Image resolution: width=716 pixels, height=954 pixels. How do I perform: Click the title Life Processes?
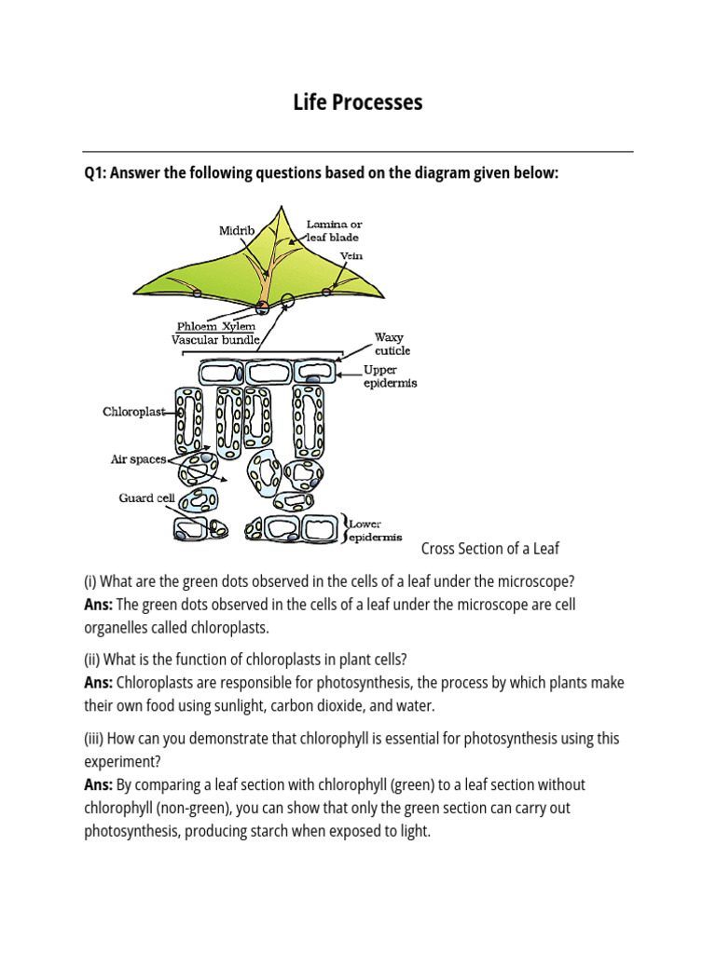point(358,102)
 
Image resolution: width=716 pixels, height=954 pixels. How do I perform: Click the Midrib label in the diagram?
point(237,230)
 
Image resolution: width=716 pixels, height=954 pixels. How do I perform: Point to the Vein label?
point(351,255)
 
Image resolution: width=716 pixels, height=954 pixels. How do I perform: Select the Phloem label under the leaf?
point(198,327)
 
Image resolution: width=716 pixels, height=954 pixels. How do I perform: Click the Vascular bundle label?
point(214,340)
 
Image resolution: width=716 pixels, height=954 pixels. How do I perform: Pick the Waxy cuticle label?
point(392,344)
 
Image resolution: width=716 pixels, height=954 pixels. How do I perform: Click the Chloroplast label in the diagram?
point(132,411)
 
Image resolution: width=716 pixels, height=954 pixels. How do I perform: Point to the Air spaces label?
point(138,459)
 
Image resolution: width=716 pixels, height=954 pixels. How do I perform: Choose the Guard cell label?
point(146,497)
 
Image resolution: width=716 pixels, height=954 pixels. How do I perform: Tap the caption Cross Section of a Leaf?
point(490,548)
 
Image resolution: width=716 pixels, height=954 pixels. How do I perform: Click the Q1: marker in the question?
point(95,174)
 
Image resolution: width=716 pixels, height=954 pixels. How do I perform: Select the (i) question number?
point(89,581)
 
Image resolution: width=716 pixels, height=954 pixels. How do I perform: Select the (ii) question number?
point(91,660)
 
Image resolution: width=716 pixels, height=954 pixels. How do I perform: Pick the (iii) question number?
point(93,738)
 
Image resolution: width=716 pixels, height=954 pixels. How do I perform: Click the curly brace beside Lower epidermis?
point(345,528)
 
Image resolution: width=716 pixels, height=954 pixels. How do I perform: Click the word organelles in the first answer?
point(117,627)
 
